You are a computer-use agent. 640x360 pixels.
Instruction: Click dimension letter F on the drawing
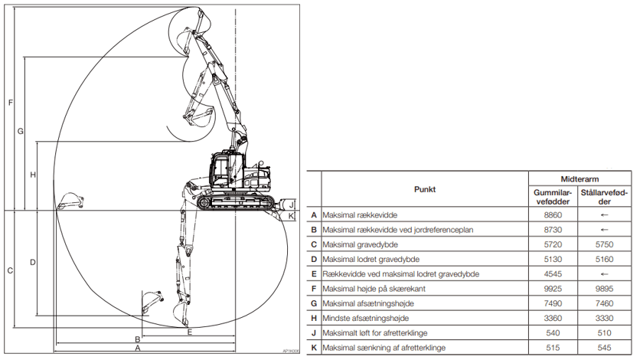(x=11, y=103)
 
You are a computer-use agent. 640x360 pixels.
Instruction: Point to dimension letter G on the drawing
(x=20, y=132)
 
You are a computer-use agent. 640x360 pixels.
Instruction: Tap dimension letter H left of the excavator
(x=33, y=175)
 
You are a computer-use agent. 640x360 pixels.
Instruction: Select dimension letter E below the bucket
(x=190, y=332)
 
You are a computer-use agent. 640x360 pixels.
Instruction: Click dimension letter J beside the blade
(x=292, y=204)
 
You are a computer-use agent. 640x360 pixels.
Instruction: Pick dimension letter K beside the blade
(x=291, y=215)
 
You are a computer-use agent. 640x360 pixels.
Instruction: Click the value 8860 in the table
(x=553, y=215)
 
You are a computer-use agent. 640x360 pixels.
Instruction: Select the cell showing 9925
(x=553, y=289)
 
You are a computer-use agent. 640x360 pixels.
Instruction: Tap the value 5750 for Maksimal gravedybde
(x=604, y=244)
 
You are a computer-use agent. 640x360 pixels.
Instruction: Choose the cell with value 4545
(x=553, y=274)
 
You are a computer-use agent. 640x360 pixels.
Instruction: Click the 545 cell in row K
(x=604, y=348)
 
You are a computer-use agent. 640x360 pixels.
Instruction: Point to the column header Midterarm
(x=580, y=179)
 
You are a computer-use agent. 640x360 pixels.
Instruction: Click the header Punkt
(x=425, y=189)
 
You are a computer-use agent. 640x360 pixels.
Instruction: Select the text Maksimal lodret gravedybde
(x=371, y=259)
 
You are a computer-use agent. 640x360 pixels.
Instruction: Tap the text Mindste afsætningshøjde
(x=366, y=318)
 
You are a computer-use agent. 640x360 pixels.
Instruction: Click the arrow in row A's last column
(x=605, y=215)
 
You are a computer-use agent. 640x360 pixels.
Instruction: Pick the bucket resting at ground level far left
(x=70, y=201)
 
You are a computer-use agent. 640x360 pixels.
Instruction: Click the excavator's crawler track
(x=236, y=202)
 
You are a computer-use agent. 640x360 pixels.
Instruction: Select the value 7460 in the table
(x=604, y=303)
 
